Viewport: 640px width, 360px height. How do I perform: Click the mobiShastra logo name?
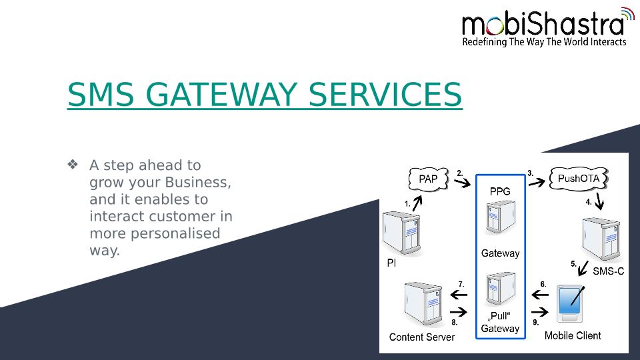543,24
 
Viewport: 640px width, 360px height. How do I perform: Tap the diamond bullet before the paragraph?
73,164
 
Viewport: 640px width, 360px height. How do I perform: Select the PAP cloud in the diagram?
428,179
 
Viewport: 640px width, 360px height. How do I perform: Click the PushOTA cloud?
578,179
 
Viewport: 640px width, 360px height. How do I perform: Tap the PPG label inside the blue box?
500,191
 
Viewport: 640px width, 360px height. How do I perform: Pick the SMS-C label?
608,271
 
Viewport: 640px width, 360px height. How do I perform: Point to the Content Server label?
422,337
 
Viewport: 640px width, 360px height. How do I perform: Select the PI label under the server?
391,263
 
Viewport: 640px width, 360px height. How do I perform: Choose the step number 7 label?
461,284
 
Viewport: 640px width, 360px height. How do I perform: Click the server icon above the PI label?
403,233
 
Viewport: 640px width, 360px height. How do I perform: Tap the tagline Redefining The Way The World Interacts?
544,42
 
